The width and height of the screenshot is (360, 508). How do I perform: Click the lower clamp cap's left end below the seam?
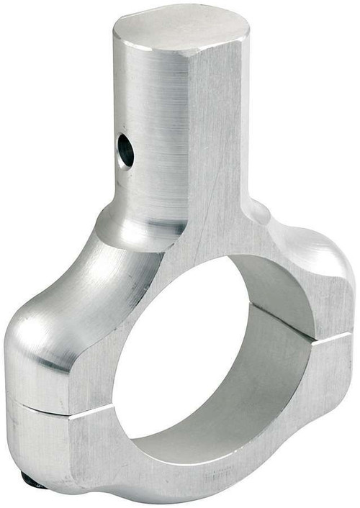[x=36, y=446]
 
